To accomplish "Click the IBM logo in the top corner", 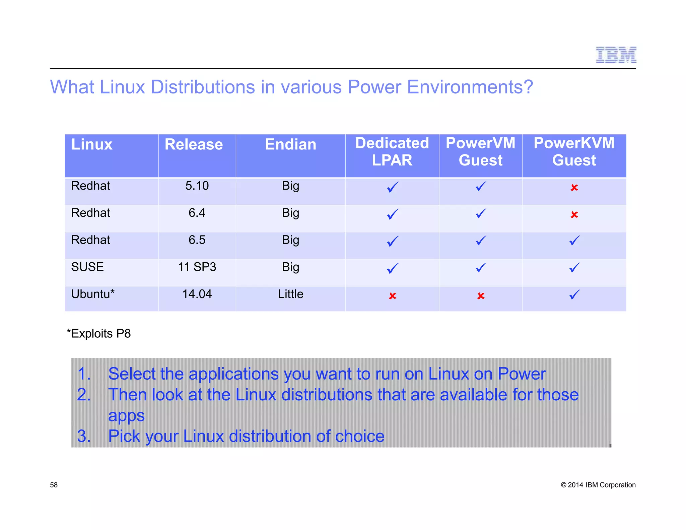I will (x=616, y=55).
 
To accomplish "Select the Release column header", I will (x=194, y=144).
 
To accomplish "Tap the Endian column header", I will (x=290, y=144).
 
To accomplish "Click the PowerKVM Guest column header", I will (x=574, y=151).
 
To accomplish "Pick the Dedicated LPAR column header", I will (x=392, y=151).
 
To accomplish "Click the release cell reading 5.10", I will (x=197, y=186).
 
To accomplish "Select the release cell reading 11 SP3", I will (x=197, y=267).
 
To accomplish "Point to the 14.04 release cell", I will (x=197, y=294).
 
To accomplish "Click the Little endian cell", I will (x=290, y=294).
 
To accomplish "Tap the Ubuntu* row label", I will (x=93, y=294).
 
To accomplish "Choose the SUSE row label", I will (x=87, y=267).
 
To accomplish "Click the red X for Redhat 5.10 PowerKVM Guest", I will (x=574, y=188).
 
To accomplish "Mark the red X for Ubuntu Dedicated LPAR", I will (x=392, y=296).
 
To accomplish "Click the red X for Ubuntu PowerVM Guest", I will (x=481, y=296).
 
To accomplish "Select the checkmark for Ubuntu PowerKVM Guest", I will (x=574, y=295).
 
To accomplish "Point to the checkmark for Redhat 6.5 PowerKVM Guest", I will (x=574, y=241).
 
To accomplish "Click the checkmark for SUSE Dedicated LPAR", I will (x=393, y=268).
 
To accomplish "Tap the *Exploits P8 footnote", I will (x=99, y=334).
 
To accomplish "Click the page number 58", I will (x=54, y=485).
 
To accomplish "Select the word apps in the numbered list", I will (x=126, y=416).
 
